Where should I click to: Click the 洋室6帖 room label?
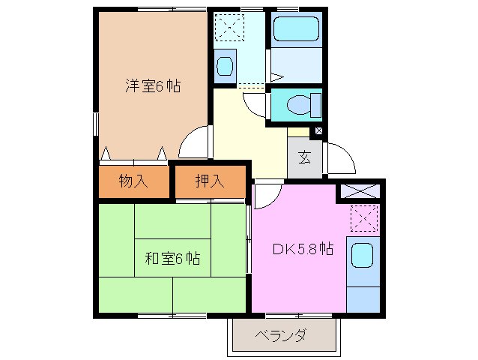pos(153,85)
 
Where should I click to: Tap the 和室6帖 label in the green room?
pos(172,259)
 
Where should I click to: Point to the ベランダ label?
pos(281,334)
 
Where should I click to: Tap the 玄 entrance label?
pos(305,157)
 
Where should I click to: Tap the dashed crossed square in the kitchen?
pos(364,219)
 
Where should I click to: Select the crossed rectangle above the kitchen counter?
pos(360,190)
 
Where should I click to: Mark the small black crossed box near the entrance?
pos(320,132)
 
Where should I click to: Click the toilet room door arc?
pos(256,104)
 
